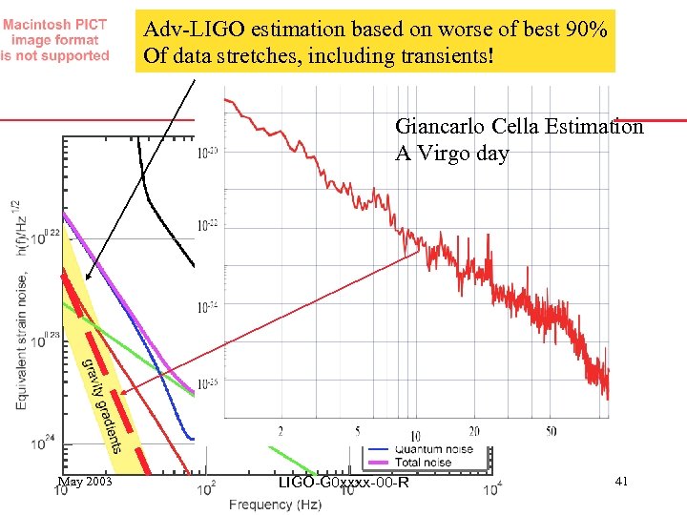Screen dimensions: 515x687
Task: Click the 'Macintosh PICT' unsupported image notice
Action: (55, 40)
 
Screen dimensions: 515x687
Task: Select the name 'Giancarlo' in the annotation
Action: (438, 127)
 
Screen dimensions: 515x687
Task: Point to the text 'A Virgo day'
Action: (451, 154)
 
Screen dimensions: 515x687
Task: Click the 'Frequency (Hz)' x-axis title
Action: (275, 503)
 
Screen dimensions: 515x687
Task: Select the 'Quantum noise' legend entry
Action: (433, 449)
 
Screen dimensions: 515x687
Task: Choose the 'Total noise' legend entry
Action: (426, 463)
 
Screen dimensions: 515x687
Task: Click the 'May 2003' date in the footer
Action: (85, 482)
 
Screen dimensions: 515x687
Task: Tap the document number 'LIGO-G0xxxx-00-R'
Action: (343, 483)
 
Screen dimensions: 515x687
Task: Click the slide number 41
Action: (621, 483)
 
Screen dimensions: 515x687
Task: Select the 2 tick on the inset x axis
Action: (280, 431)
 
